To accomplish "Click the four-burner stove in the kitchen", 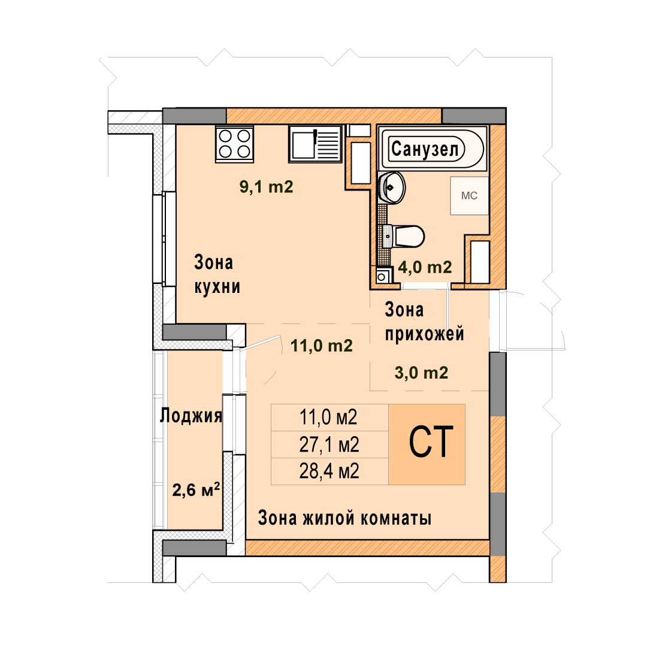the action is click(234, 144).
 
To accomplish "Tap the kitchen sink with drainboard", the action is click(315, 144).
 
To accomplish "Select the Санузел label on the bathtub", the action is click(425, 149).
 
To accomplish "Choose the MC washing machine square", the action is click(469, 195).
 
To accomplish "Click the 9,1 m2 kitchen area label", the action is click(266, 187).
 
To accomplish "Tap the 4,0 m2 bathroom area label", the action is click(425, 267).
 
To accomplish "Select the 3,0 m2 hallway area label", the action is click(421, 373).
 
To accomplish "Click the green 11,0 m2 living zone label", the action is click(322, 346).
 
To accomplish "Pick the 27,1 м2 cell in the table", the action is click(329, 445).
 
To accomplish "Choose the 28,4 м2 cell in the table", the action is click(329, 471).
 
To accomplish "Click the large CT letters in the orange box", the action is click(431, 442).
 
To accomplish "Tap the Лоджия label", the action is click(191, 416).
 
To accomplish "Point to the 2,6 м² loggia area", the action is click(196, 490).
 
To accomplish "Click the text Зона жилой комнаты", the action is click(344, 518).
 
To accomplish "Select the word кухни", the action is click(217, 287).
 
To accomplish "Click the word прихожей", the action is click(425, 334).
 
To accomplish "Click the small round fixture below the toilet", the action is click(382, 277).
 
